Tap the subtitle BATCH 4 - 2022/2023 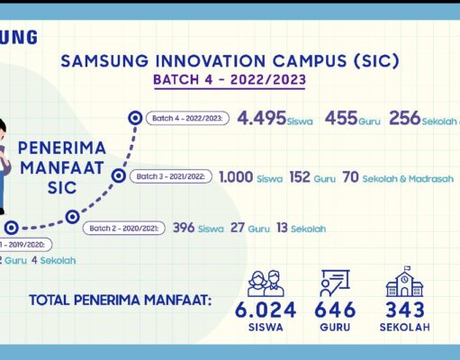(x=229, y=80)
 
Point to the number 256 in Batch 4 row (x=405, y=119)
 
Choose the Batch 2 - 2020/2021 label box (x=123, y=229)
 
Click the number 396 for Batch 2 (x=184, y=229)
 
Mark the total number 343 (x=402, y=310)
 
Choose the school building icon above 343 (x=402, y=282)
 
